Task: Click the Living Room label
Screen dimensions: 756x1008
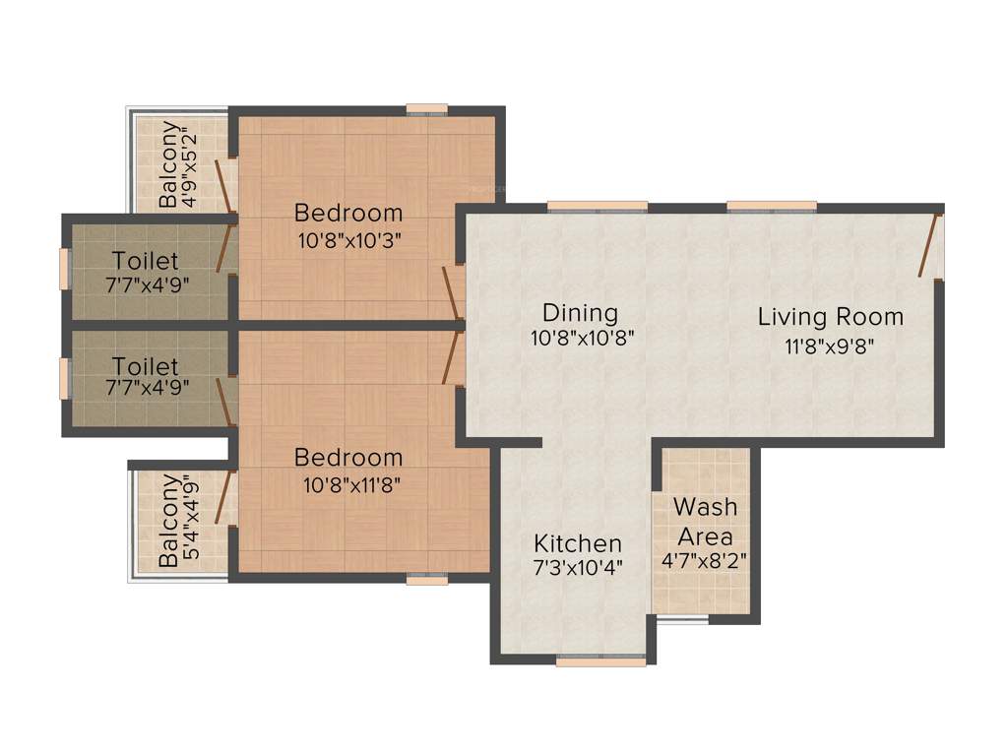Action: pyautogui.click(x=830, y=317)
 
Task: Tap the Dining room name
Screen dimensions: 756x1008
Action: pyautogui.click(x=581, y=313)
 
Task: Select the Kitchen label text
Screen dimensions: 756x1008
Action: pyautogui.click(x=578, y=543)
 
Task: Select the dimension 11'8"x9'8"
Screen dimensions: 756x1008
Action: pyautogui.click(x=830, y=345)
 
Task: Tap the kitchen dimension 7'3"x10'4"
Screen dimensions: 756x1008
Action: pyautogui.click(x=578, y=568)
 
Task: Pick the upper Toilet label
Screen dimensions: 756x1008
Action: pyautogui.click(x=146, y=261)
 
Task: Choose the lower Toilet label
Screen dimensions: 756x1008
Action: pyautogui.click(x=146, y=365)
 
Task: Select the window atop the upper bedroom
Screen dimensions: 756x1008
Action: pyautogui.click(x=426, y=109)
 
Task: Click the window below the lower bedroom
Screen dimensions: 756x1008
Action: pyautogui.click(x=427, y=580)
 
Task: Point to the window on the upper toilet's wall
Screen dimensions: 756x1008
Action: pyautogui.click(x=65, y=269)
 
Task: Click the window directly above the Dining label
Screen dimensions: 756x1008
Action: pyautogui.click(x=598, y=206)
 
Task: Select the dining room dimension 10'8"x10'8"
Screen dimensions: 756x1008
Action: pyautogui.click(x=581, y=337)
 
